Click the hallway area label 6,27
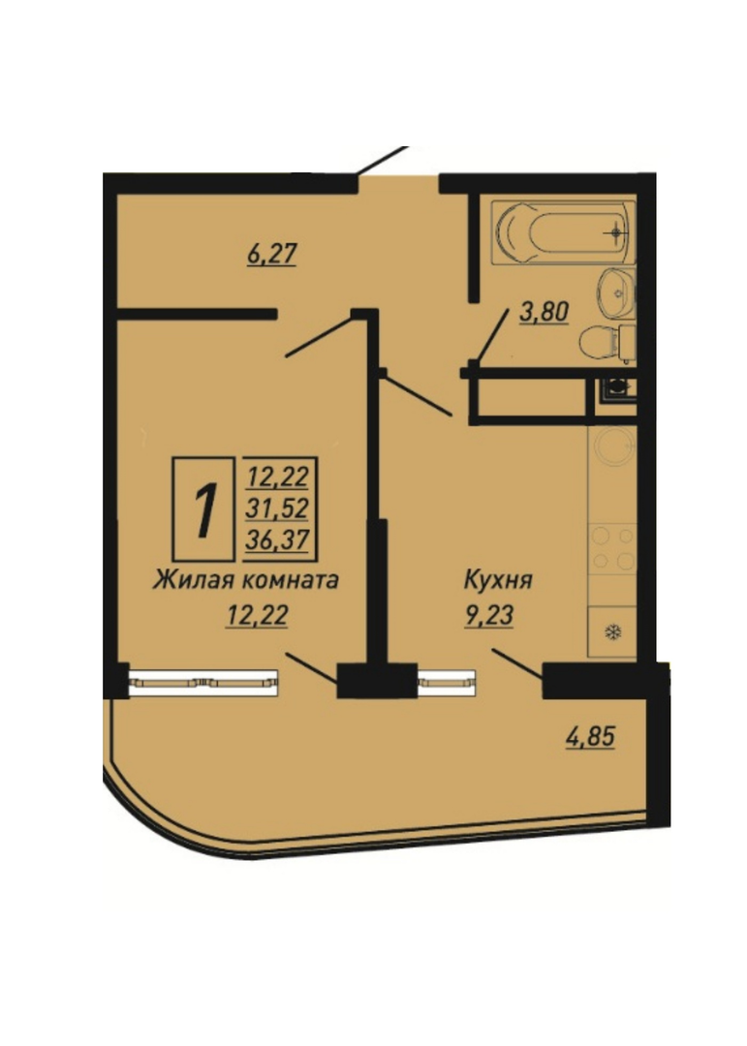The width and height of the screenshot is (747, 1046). (271, 254)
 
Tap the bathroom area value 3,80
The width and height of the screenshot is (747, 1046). (545, 312)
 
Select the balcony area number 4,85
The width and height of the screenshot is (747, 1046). (590, 737)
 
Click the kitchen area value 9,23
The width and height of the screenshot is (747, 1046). (489, 615)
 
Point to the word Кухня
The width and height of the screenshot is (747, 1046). (498, 580)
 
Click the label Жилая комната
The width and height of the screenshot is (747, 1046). (246, 580)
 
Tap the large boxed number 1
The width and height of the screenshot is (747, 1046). (203, 510)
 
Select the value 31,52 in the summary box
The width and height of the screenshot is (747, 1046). (277, 509)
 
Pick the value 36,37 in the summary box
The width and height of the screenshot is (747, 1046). (277, 539)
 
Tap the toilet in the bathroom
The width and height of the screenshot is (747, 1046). (607, 342)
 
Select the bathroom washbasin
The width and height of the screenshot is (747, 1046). (616, 292)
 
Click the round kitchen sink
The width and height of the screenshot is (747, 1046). (613, 446)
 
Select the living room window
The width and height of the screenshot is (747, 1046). (202, 682)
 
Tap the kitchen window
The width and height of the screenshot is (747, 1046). (447, 682)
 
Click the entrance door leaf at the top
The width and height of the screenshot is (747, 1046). (383, 161)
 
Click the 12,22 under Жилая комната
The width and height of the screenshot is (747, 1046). (257, 615)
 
